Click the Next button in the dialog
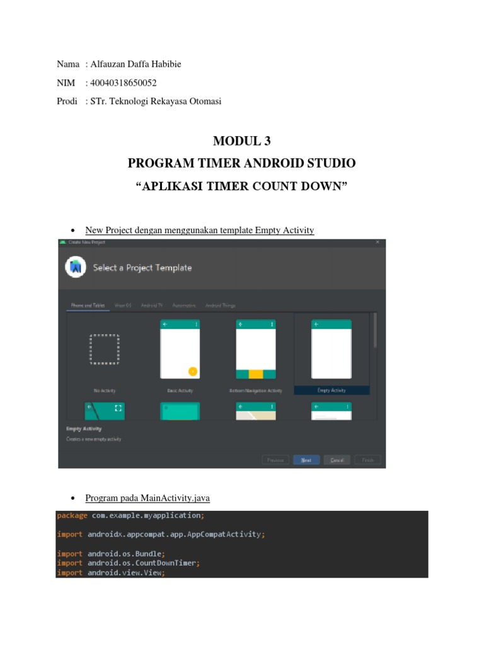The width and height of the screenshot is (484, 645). point(306,460)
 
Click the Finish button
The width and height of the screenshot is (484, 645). point(368,460)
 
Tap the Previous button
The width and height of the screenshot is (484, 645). point(275,460)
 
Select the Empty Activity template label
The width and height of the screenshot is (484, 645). point(331,391)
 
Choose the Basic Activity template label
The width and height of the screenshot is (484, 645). point(180,391)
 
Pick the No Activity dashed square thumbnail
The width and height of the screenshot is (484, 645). point(105,350)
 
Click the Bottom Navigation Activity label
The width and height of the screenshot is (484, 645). point(255,391)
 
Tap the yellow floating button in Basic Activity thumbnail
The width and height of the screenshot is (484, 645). point(193,371)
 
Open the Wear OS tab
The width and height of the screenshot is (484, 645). point(123,305)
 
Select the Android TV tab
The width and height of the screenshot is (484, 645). point(152,305)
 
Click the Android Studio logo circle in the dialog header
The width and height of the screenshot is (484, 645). point(76,268)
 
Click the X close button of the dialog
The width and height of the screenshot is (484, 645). point(377,242)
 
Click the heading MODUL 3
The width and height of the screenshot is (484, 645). point(242,142)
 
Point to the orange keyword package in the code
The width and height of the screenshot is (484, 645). point(72,515)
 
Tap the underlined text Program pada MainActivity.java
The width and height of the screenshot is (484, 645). point(147,498)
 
